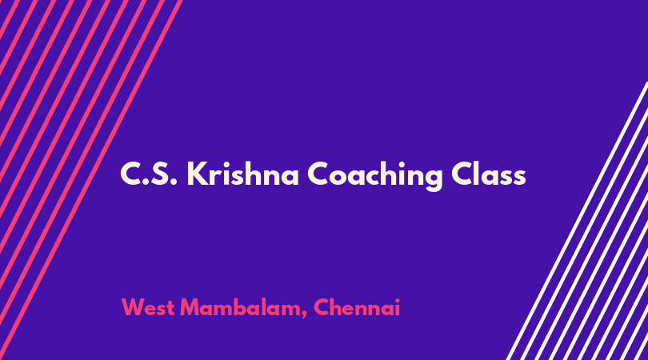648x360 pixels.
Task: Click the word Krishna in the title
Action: (242, 174)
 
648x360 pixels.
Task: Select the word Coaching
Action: (374, 176)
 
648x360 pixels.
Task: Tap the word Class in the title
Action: (489, 174)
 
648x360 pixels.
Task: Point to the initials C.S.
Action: (149, 174)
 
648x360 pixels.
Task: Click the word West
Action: (147, 307)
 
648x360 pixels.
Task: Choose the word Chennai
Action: (357, 307)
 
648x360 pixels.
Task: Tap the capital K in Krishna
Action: (196, 174)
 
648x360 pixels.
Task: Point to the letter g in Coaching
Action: (432, 180)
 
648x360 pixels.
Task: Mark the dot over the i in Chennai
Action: (397, 300)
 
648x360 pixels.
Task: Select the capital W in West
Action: (134, 307)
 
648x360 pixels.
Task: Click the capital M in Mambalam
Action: (190, 307)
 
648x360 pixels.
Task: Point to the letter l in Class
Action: (475, 174)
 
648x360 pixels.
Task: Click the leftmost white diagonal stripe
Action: (577, 221)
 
